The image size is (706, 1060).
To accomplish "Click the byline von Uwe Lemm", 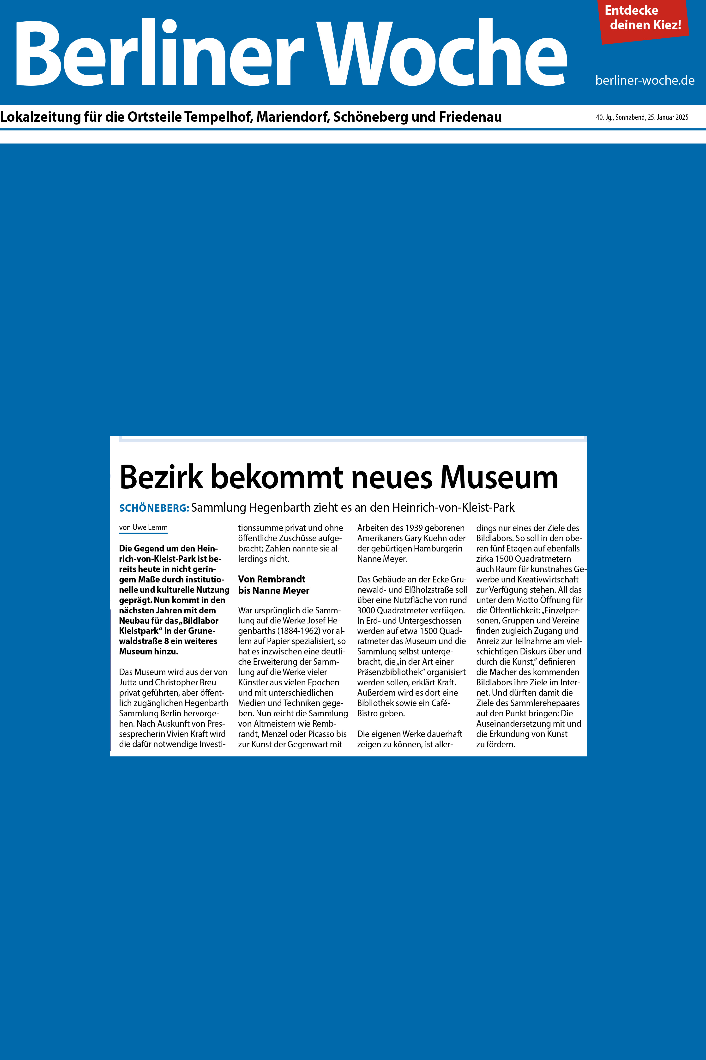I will pos(143,527).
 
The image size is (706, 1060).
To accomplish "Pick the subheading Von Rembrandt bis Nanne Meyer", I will pos(273,585).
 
